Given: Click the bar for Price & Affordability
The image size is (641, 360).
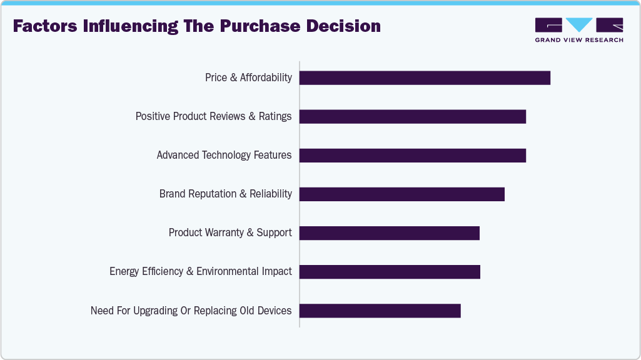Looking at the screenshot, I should [425, 77].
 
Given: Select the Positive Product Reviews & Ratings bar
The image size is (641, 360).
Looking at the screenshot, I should [413, 116].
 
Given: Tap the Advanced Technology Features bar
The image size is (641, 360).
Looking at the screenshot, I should [413, 155].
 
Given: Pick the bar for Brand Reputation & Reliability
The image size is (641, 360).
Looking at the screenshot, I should [401, 194].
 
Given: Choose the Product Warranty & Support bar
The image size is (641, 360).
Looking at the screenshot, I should [389, 232].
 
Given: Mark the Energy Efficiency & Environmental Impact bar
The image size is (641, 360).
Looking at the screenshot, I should [390, 271].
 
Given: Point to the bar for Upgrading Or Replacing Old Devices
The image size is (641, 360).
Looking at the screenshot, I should [380, 310].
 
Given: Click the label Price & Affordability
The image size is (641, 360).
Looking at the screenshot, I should [248, 77].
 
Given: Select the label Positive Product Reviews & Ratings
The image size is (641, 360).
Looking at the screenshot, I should [213, 116].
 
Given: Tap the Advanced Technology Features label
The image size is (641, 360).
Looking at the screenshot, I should [224, 155].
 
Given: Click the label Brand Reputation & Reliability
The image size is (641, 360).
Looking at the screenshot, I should [225, 194].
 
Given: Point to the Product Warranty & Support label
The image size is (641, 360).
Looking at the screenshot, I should [230, 232].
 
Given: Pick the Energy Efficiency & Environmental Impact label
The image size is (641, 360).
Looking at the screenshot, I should [200, 271].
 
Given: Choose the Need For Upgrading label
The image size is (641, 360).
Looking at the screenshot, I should [191, 310].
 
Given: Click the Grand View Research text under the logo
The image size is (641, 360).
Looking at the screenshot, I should [579, 40].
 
